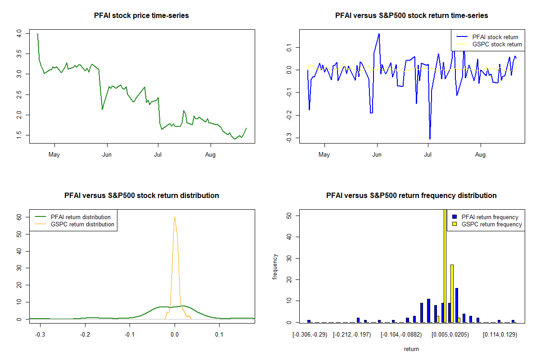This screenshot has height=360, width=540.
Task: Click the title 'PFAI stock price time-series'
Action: (141, 15)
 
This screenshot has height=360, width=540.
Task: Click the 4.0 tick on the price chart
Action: (19, 33)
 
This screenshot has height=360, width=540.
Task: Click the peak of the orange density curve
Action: (175, 217)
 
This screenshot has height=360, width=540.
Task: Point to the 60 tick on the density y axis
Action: (19, 216)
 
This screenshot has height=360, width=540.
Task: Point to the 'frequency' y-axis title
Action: (275, 266)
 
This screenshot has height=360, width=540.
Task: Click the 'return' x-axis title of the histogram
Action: (411, 349)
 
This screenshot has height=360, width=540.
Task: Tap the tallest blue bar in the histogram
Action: (456, 305)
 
